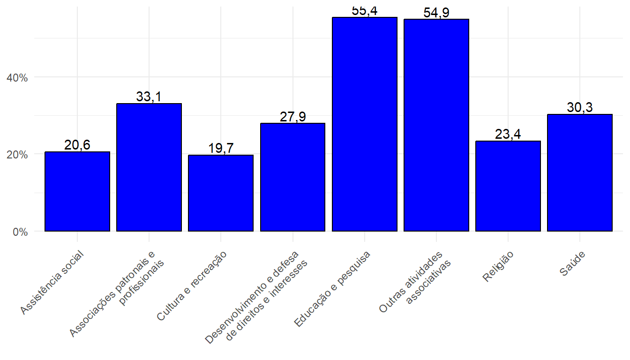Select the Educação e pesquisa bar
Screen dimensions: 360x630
[x=364, y=124]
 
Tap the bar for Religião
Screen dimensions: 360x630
[x=508, y=186]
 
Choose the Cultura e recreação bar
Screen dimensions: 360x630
[x=221, y=193]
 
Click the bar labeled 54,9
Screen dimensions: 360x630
[x=436, y=125]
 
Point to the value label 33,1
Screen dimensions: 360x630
[x=149, y=97]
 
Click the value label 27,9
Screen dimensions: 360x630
[x=292, y=117]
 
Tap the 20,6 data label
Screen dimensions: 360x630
[x=77, y=145]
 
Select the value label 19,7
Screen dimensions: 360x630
[x=221, y=149]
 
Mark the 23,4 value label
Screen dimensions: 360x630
[x=508, y=135]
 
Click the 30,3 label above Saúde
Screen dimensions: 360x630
[x=579, y=107]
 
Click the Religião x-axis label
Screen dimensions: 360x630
[x=498, y=267]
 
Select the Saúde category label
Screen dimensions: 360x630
[x=572, y=264]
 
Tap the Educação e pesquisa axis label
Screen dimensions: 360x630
[x=332, y=289]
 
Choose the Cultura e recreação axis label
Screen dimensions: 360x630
[x=192, y=286]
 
